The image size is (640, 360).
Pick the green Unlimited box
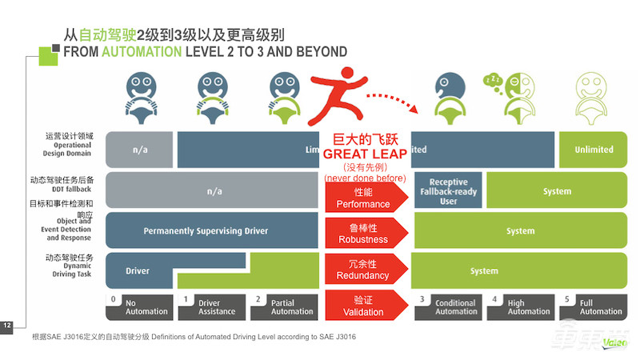point(594,150)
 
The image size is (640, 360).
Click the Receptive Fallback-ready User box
point(448,191)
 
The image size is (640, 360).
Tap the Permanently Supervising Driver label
point(206,231)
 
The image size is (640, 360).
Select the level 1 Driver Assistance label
point(212,306)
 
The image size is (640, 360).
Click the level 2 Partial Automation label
point(284,306)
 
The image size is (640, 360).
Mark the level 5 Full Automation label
point(594,306)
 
